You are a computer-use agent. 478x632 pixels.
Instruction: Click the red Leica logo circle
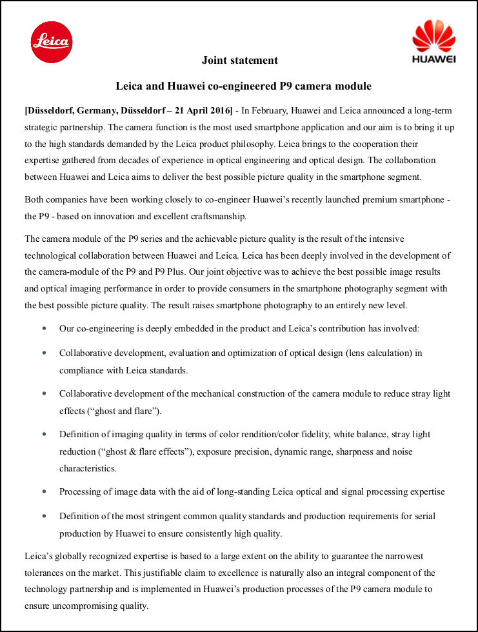[52, 42]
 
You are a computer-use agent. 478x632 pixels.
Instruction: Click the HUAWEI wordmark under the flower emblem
[433, 59]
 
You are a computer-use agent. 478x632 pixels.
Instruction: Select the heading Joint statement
[240, 61]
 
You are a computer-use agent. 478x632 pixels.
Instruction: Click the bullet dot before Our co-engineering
[44, 328]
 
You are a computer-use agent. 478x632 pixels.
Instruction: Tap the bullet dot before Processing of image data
[44, 491]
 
